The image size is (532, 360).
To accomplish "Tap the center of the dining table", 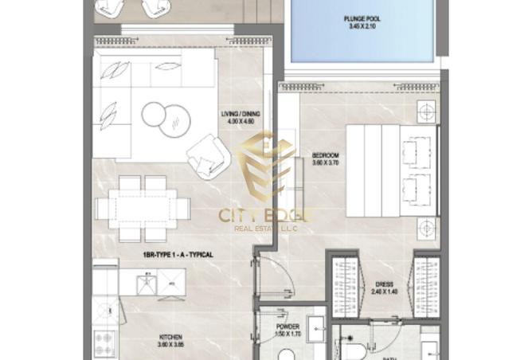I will coord(143,209).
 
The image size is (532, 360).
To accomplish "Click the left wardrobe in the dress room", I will coord(346,287).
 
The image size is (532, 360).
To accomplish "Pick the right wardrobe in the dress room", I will coord(427,287).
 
